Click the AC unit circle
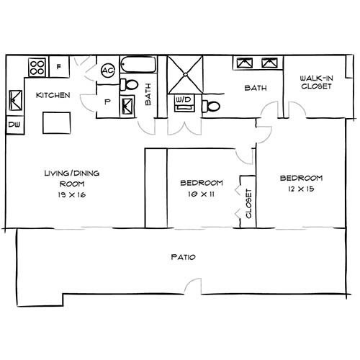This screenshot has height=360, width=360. (x=108, y=71)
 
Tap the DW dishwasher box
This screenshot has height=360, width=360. (x=14, y=125)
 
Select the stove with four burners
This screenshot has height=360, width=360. (x=37, y=67)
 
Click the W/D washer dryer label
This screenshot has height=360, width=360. (x=183, y=99)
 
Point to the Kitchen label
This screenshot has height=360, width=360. (x=53, y=94)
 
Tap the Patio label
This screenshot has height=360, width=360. (x=184, y=257)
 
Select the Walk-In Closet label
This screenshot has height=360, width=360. (x=316, y=83)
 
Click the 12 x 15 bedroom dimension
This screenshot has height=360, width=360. (x=300, y=189)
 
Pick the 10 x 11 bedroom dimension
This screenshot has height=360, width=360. (x=201, y=194)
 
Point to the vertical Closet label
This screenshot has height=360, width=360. (x=248, y=204)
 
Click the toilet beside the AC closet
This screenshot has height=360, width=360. (x=130, y=85)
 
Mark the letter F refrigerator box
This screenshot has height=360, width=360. (x=59, y=67)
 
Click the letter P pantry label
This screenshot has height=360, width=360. (x=107, y=102)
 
